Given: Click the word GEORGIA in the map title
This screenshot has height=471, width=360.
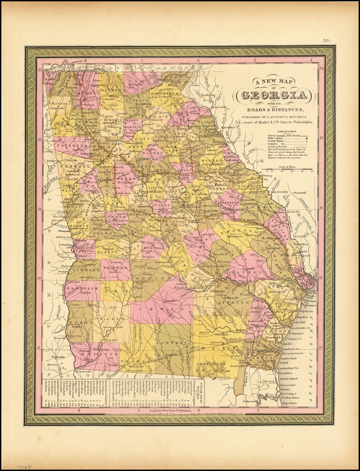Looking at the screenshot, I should pyautogui.click(x=276, y=95).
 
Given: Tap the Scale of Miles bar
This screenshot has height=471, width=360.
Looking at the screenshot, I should pyautogui.click(x=290, y=171).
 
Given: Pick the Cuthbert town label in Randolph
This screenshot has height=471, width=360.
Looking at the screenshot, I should pyautogui.click(x=87, y=292).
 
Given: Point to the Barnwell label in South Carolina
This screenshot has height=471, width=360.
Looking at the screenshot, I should pyautogui.click(x=300, y=193).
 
